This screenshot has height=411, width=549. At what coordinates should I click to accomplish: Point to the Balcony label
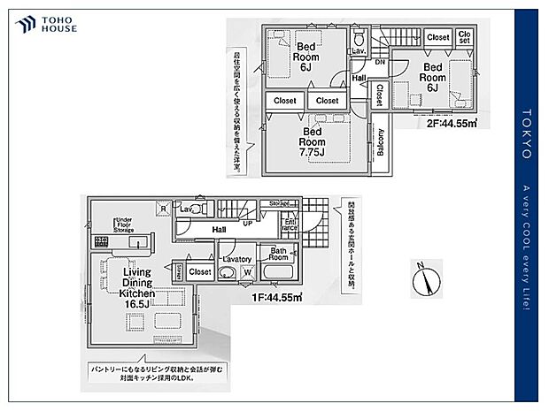pyautogui.click(x=381, y=141)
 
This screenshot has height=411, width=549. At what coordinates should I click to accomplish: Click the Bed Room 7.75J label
pyautogui.click(x=312, y=141)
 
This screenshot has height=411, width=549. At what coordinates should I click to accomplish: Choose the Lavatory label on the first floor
pyautogui.click(x=238, y=259)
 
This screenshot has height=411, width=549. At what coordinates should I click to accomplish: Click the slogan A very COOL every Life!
pyautogui.click(x=525, y=247)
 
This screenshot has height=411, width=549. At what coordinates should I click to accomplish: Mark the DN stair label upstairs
pyautogui.click(x=379, y=63)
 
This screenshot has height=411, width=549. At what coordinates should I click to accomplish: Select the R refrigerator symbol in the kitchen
pyautogui.click(x=163, y=209)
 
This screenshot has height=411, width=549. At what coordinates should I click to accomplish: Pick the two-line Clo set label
pyautogui.click(x=465, y=38)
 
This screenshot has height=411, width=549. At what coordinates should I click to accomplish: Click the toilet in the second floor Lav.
pyautogui.click(x=359, y=39)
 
